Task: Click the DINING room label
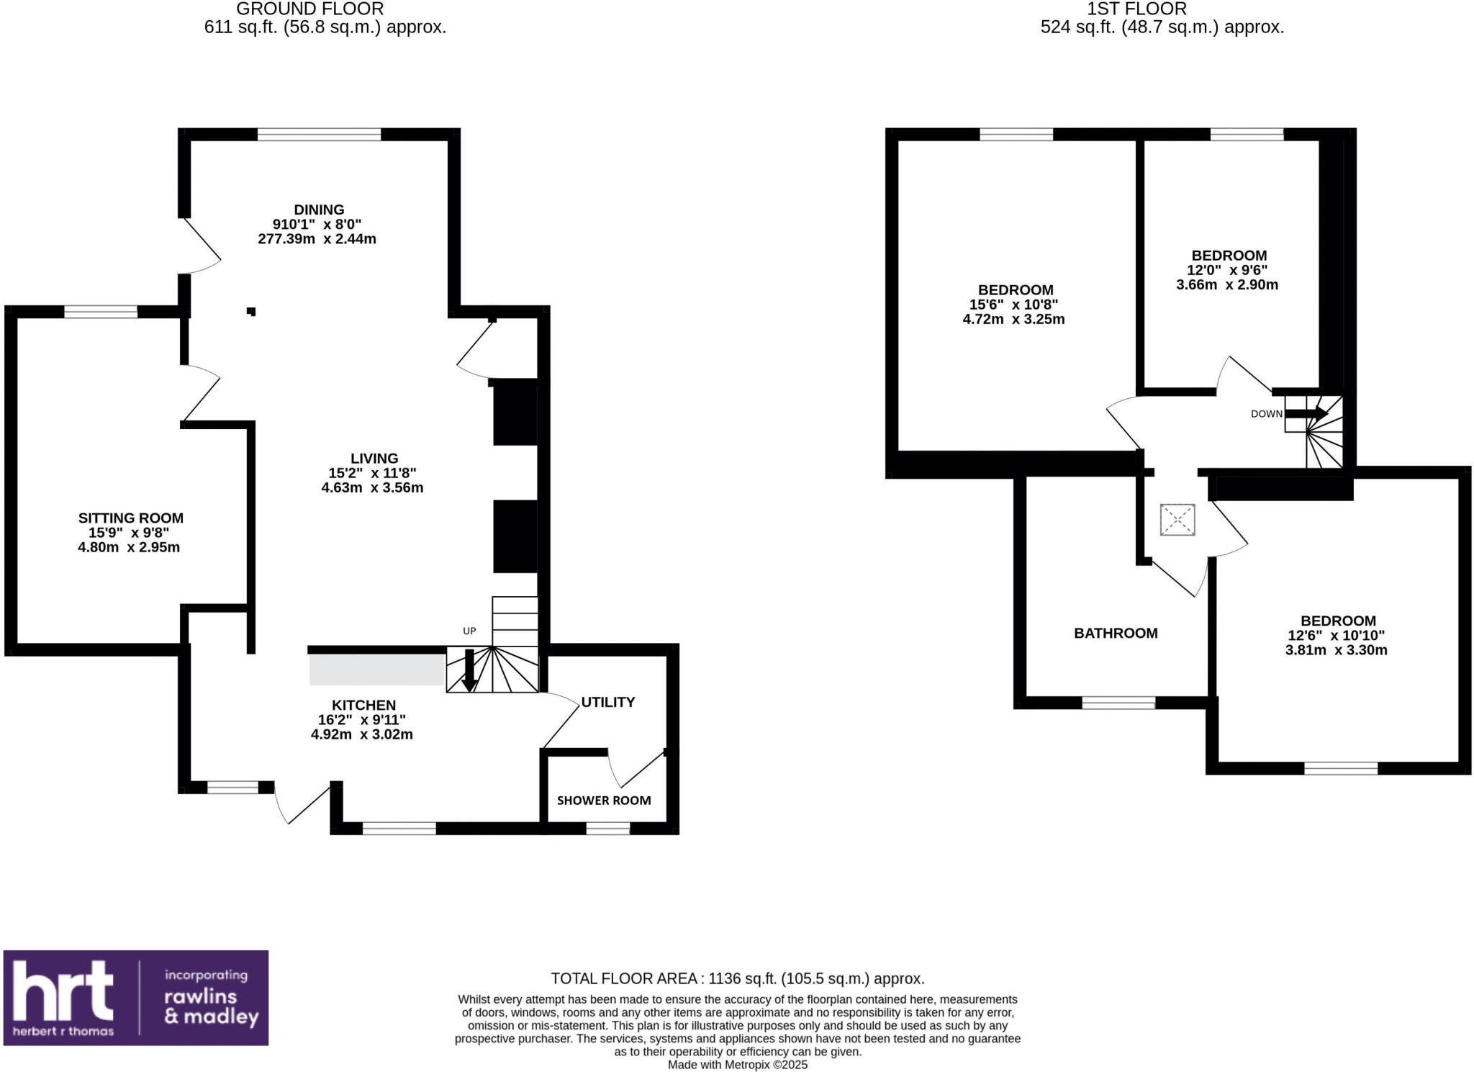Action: click(319, 210)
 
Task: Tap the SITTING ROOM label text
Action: click(130, 518)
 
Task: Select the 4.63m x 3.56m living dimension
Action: click(372, 488)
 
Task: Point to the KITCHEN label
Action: click(363, 706)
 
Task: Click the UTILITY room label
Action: click(607, 702)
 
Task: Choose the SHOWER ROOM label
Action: click(603, 801)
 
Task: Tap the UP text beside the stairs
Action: click(469, 631)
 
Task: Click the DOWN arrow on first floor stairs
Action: click(1306, 413)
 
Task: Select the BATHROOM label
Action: click(1115, 634)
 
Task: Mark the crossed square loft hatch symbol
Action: click(1177, 520)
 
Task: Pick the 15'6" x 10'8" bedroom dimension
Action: click(1013, 305)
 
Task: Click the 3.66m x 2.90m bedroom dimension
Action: click(1227, 285)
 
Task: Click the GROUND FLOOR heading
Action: click(309, 9)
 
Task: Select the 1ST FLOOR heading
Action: click(1147, 9)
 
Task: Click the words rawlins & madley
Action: click(211, 1006)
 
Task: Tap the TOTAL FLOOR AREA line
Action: click(737, 979)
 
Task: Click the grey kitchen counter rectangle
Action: click(376, 670)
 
